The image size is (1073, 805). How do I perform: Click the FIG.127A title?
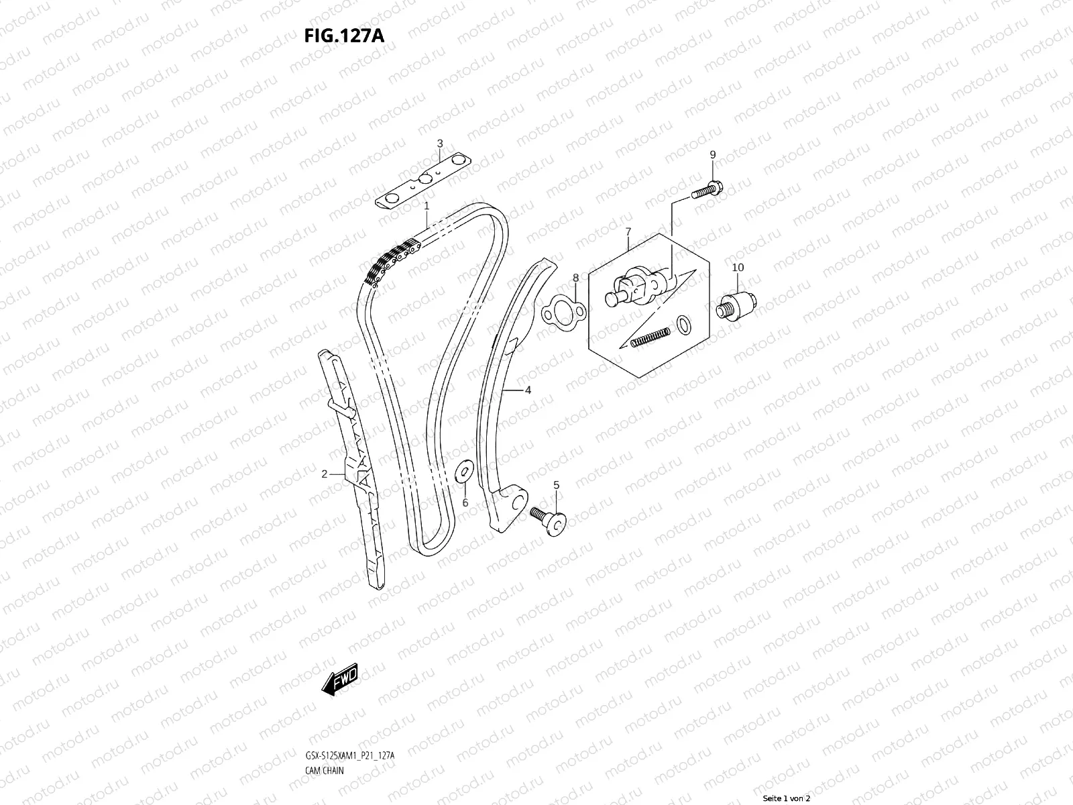tap(344, 36)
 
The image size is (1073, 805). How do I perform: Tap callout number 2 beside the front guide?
tap(324, 474)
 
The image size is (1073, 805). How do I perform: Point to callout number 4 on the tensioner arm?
tap(528, 390)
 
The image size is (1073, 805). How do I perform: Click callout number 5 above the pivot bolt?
tap(556, 484)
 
